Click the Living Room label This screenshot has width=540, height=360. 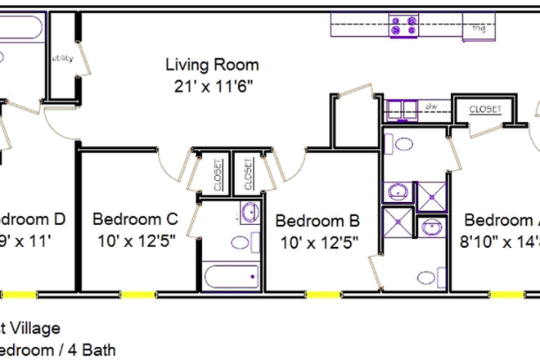[212, 65]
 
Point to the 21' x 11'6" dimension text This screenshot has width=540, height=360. [212, 85]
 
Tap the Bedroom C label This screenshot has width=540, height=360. [135, 219]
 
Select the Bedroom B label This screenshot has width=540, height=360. [317, 220]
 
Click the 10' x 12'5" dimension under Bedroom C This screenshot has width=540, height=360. [135, 241]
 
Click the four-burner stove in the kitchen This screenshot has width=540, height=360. [404, 25]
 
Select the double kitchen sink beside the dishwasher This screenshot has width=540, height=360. [400, 109]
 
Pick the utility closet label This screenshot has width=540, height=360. [63, 59]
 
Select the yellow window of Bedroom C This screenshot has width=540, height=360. [136, 294]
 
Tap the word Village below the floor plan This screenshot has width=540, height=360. [37, 329]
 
